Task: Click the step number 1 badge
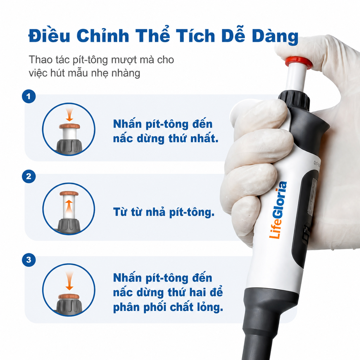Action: pyautogui.click(x=29, y=96)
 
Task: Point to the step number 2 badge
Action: pyautogui.click(x=29, y=176)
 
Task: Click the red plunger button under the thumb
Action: pyautogui.click(x=299, y=62)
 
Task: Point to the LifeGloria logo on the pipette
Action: pyautogui.click(x=278, y=210)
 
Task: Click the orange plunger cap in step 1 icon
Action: pyautogui.click(x=69, y=126)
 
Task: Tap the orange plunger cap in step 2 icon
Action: pyautogui.click(x=69, y=193)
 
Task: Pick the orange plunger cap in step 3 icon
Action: pyautogui.click(x=69, y=297)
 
